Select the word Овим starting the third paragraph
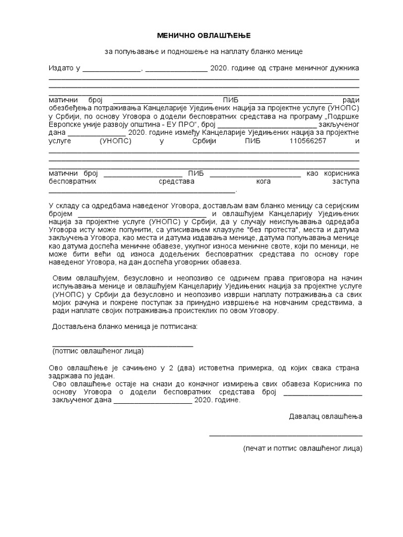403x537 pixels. (62, 278)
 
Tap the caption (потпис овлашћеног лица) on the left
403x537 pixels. (98, 351)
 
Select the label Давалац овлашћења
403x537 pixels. (325, 416)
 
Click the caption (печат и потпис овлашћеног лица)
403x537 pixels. (302, 449)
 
